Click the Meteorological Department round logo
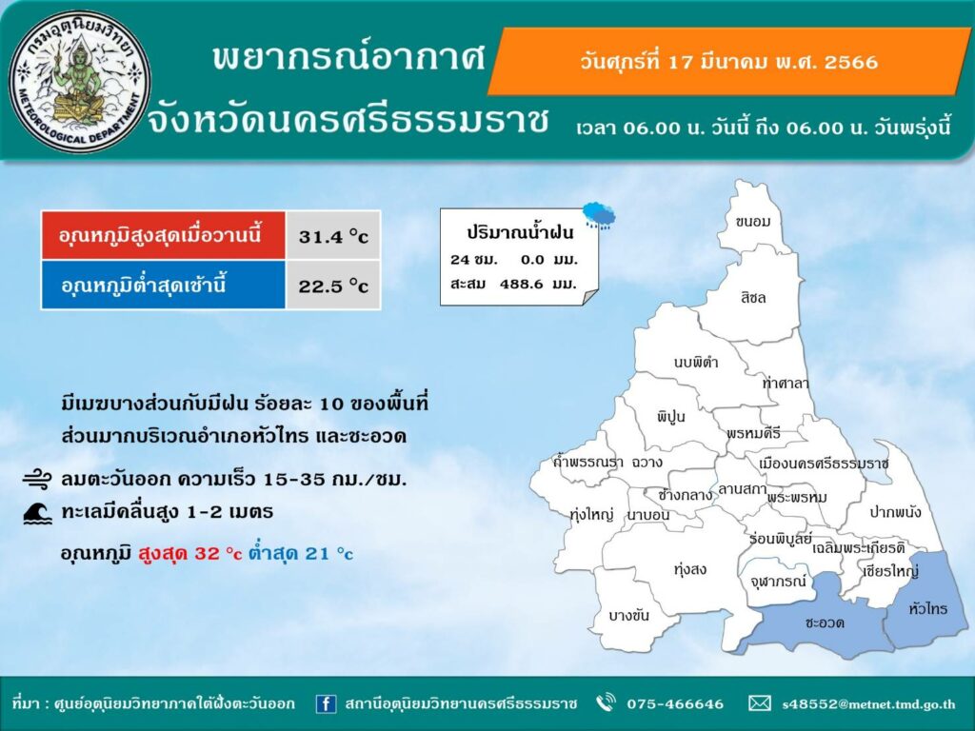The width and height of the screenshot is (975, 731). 80,82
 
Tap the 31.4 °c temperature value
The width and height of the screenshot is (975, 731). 333,236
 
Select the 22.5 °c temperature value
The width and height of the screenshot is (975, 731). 333,286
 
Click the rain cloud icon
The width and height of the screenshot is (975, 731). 600,215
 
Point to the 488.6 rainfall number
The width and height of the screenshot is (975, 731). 521,284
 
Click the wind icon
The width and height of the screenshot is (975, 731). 37,480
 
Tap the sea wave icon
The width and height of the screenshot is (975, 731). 37,513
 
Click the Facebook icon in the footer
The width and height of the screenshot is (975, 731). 326,703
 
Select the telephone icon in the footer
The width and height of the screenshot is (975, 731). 606,703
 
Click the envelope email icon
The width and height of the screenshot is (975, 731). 759,703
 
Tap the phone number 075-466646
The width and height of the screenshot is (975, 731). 675,703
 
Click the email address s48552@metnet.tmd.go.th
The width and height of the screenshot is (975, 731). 868,704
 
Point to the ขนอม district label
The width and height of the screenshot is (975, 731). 752,221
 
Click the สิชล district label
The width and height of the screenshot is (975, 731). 753,297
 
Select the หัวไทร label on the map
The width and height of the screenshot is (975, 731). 927,608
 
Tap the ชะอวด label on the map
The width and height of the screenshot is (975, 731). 825,622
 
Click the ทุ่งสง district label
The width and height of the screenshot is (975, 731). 690,569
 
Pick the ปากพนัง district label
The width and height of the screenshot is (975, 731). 895,512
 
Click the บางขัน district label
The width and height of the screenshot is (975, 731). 628,616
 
